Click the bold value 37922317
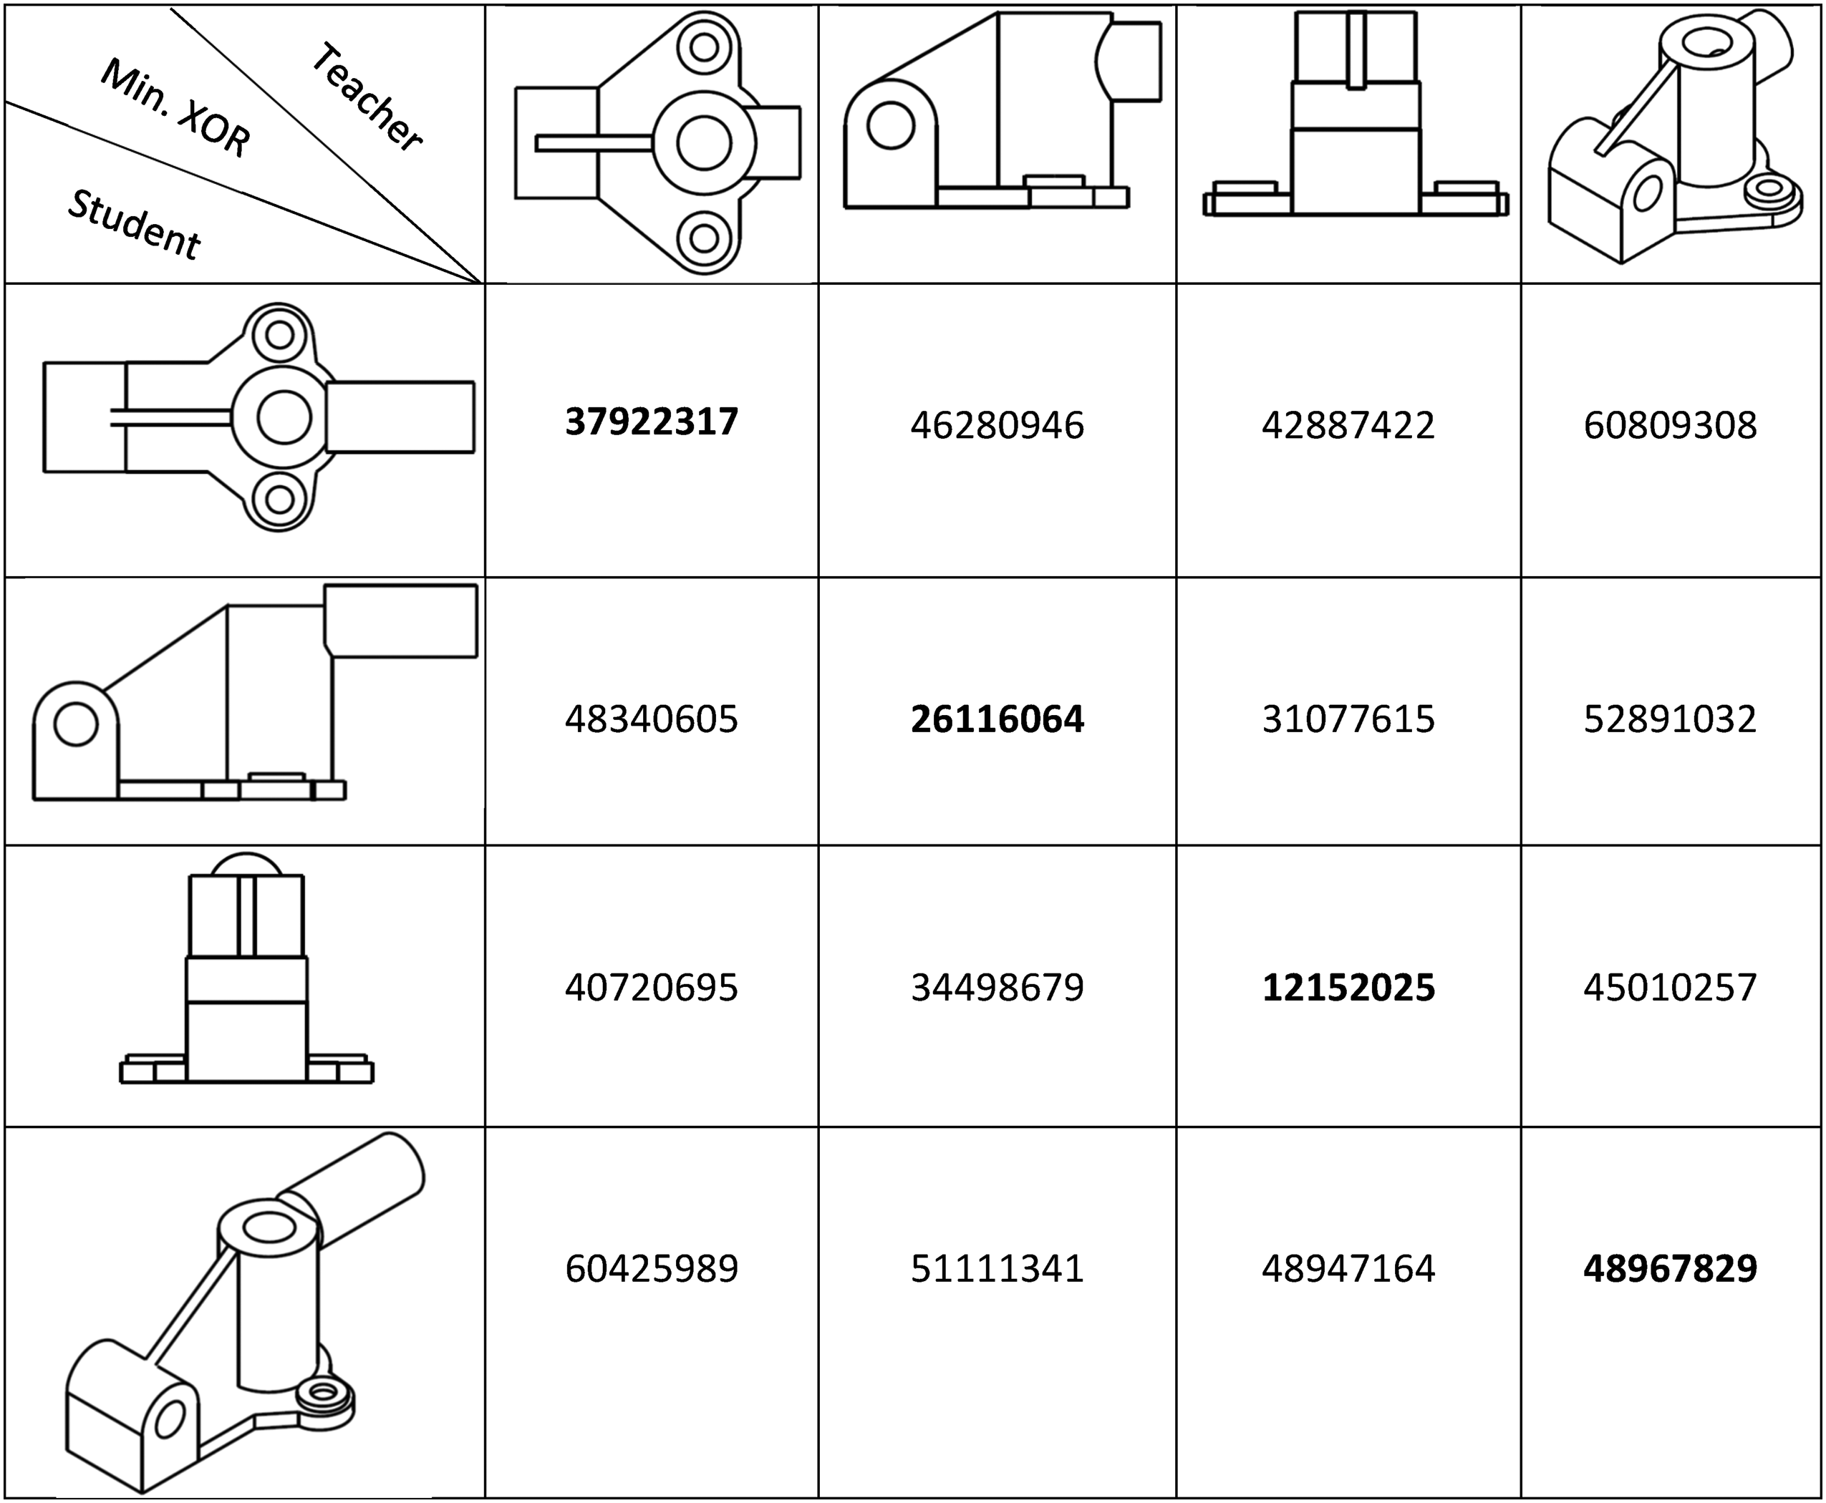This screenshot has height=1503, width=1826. (x=652, y=422)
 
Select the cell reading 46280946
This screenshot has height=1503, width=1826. (x=997, y=425)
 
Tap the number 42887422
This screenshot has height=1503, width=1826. (x=1348, y=425)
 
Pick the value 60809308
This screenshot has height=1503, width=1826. (x=1670, y=425)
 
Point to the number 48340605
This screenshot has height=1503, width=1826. (x=652, y=719)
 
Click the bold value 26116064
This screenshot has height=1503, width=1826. (x=997, y=719)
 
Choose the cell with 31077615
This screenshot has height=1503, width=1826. (x=1348, y=719)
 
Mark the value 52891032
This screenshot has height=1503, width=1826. (x=1670, y=719)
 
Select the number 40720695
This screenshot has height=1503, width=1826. (x=652, y=988)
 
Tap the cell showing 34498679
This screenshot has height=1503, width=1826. (x=997, y=988)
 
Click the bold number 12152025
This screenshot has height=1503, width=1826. (x=1348, y=988)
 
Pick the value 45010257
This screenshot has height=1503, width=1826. (x=1670, y=988)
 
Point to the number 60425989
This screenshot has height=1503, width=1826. (x=652, y=1269)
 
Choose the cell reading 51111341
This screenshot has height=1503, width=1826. (x=997, y=1269)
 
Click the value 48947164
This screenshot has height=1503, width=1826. (x=1348, y=1269)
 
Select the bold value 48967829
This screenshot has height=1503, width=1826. (x=1670, y=1269)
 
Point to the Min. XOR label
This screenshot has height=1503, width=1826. (x=176, y=109)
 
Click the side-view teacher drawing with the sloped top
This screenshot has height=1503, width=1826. (x=1003, y=111)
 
